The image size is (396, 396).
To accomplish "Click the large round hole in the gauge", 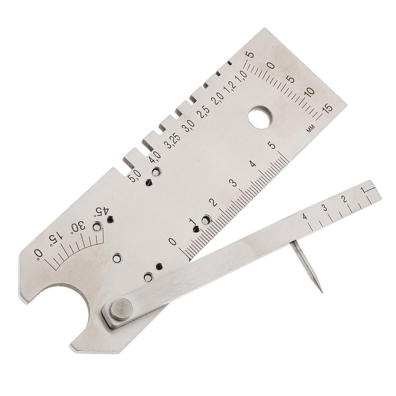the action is [261, 118].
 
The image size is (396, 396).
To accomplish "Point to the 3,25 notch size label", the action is [172, 141].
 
